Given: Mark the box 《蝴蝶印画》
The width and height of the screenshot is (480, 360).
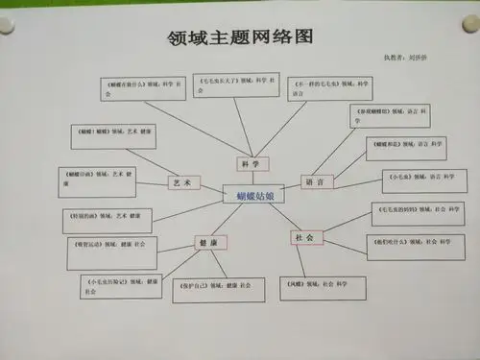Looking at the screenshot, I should pyautogui.click(x=104, y=177).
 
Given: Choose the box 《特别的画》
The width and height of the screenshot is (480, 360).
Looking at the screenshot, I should pyautogui.click(x=107, y=217).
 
